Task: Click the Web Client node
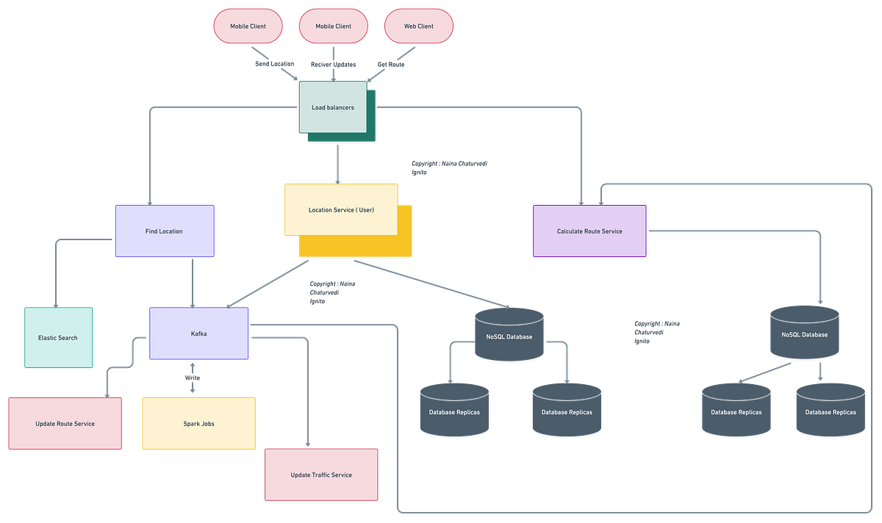coord(418,26)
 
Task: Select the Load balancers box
coord(332,107)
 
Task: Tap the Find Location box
coord(164,231)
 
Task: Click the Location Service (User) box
coord(341,210)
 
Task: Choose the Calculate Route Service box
coord(589,231)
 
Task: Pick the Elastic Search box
coord(58,338)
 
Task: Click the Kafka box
coord(198,333)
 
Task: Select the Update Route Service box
coord(65,424)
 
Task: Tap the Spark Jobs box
coord(198,424)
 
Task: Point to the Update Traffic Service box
coord(321,475)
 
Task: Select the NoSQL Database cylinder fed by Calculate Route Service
coord(805,334)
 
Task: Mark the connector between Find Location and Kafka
coord(193,282)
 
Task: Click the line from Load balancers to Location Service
coord(337,163)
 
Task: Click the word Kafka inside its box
coord(198,333)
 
